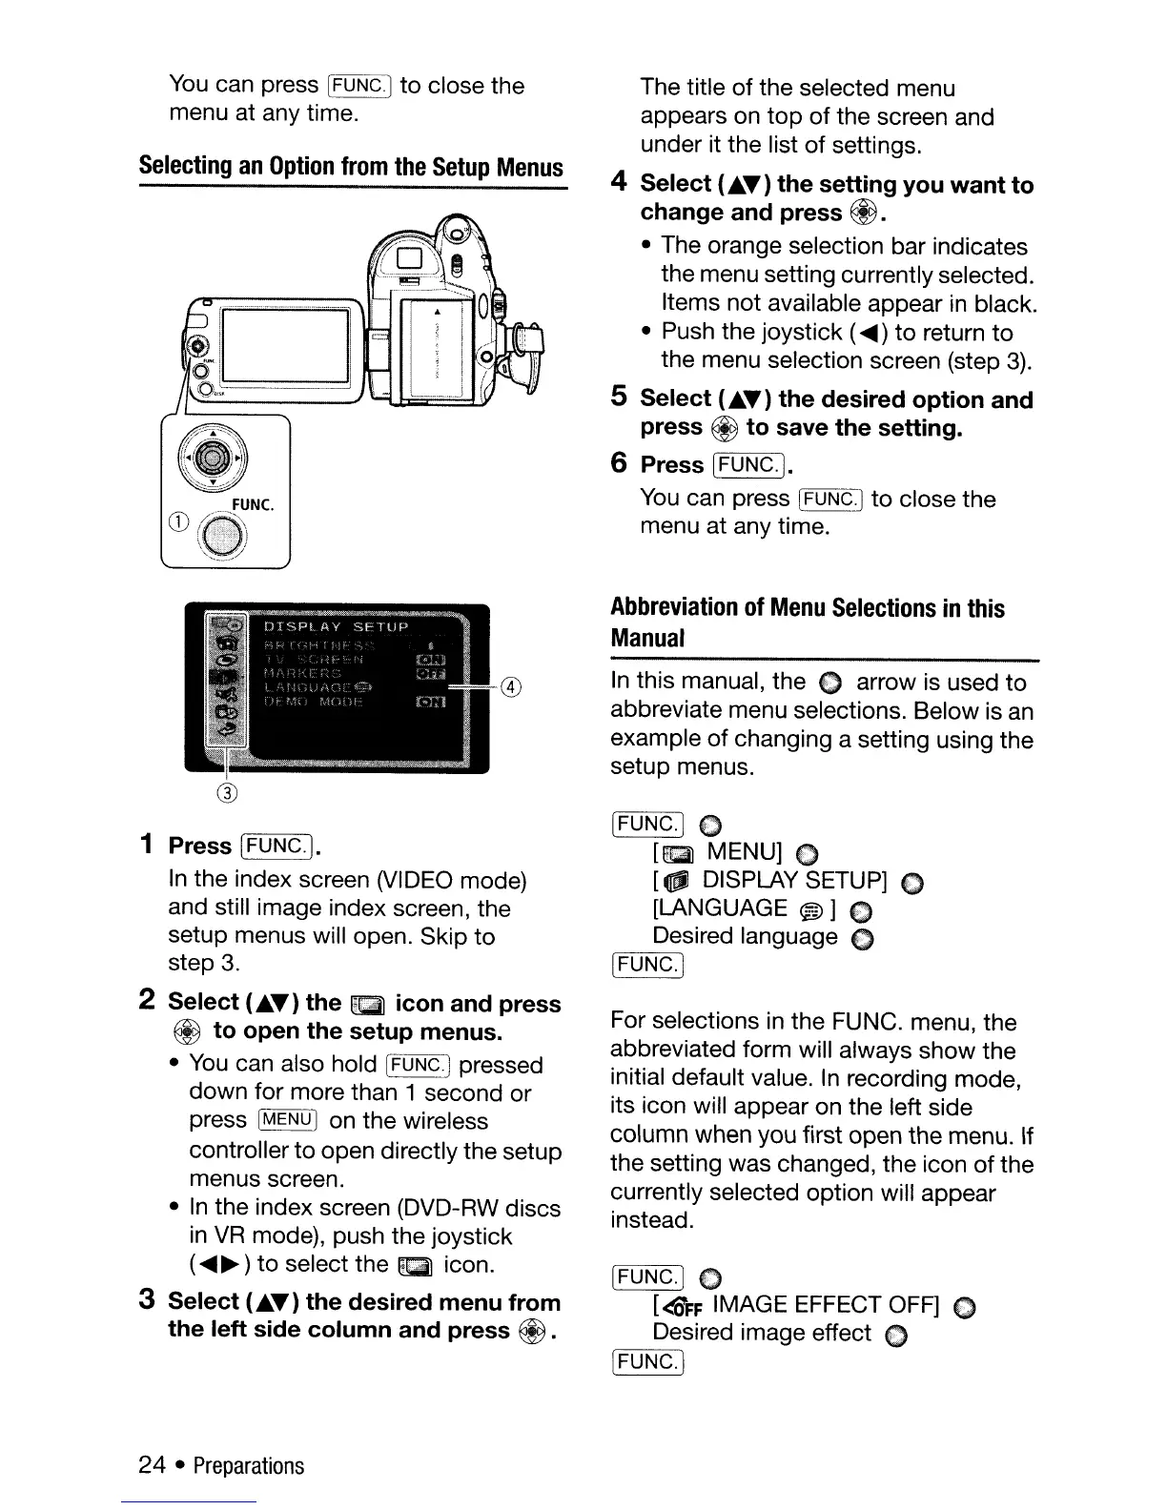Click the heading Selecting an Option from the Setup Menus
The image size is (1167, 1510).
point(351,168)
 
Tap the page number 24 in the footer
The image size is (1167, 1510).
point(152,1465)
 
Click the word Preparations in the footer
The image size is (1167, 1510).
point(248,1465)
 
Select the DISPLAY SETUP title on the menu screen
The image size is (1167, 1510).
point(336,627)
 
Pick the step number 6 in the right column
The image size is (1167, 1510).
point(619,464)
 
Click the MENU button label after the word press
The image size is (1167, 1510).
point(287,1121)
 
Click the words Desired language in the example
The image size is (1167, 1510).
point(745,937)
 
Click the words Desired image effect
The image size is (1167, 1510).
point(761,1333)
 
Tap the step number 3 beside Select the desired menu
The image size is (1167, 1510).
point(147,1301)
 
